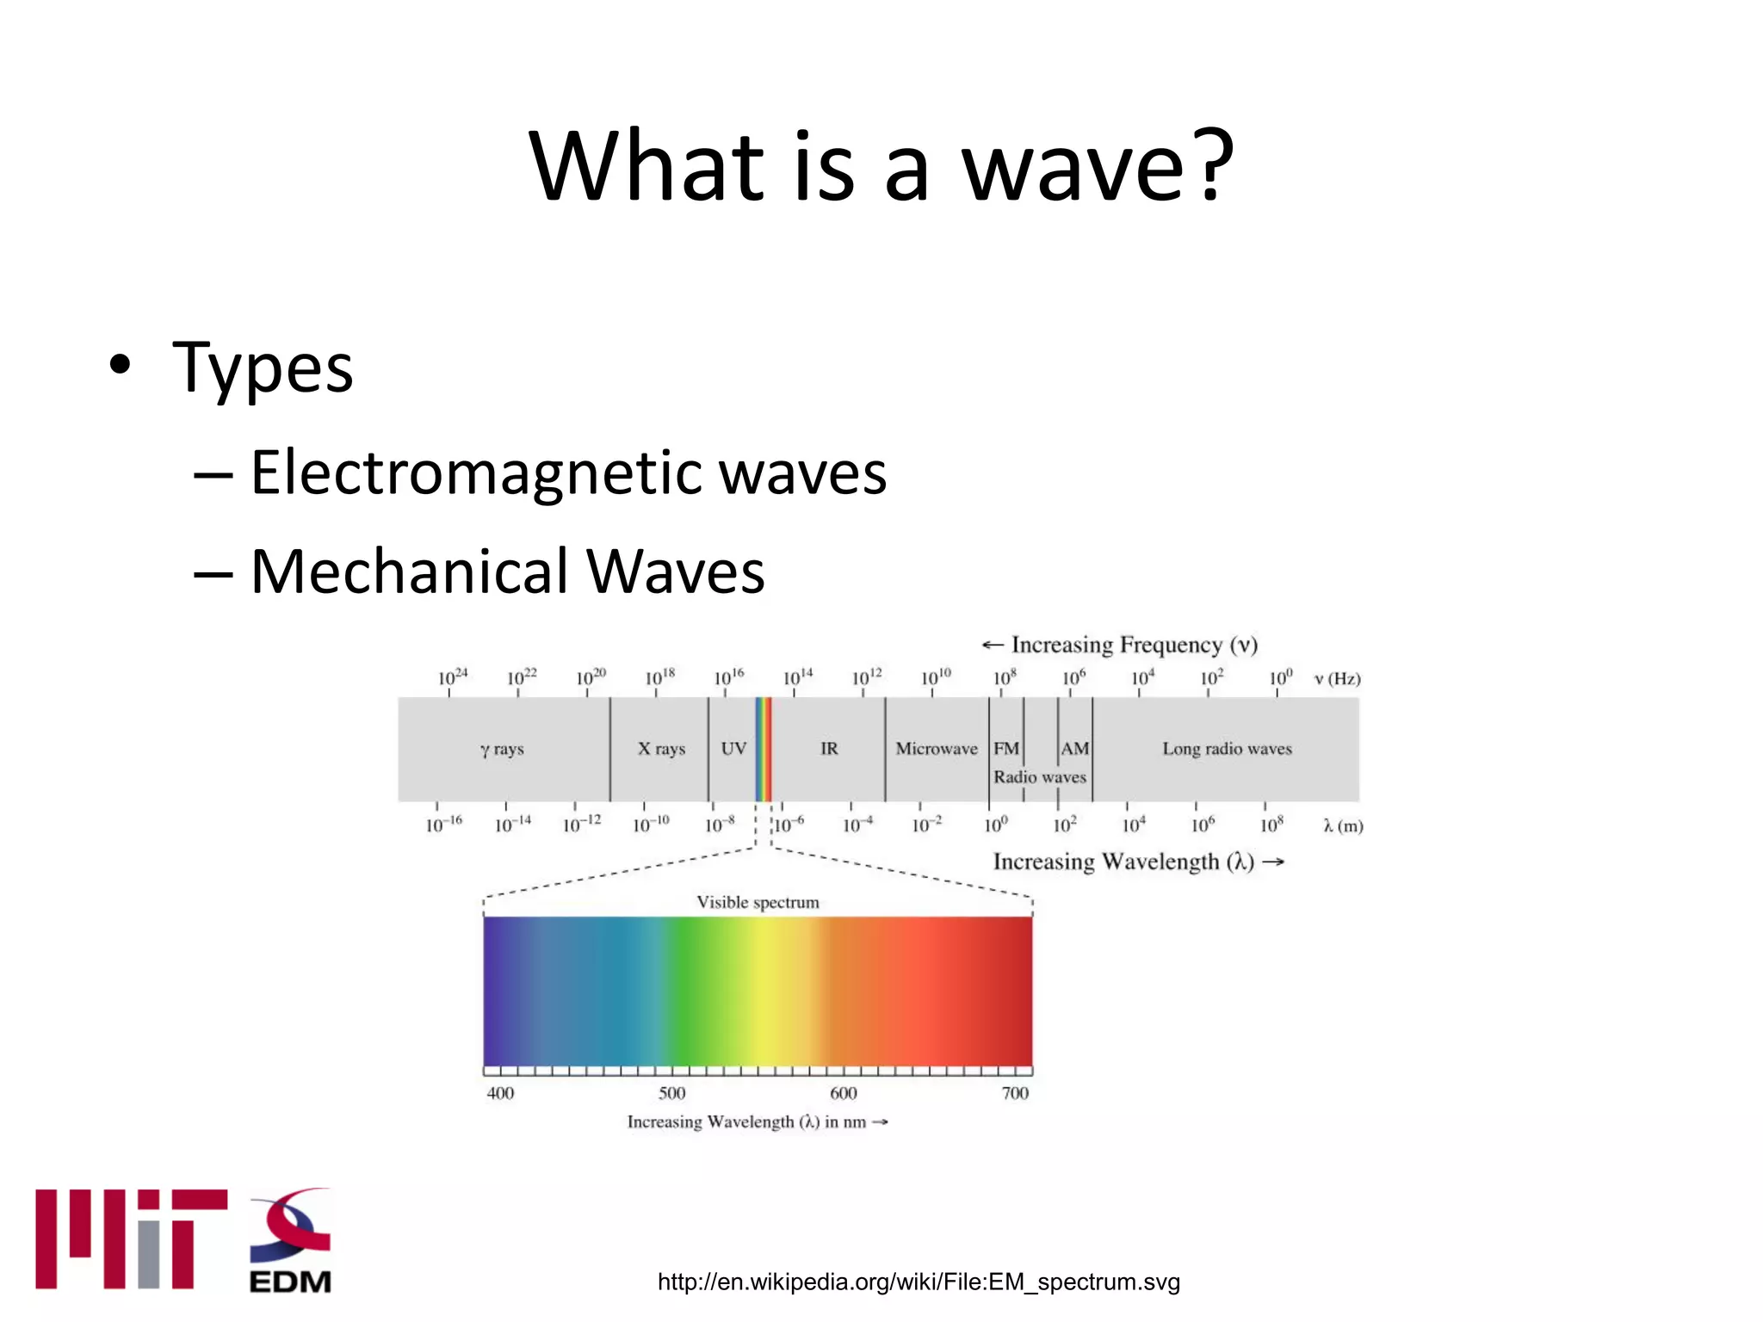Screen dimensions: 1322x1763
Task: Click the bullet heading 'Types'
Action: (263, 368)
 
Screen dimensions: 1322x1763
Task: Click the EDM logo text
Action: (290, 1282)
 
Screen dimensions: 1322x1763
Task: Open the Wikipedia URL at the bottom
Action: (918, 1282)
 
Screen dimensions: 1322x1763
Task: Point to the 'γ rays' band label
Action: (502, 749)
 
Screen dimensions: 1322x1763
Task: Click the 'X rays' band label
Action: (661, 749)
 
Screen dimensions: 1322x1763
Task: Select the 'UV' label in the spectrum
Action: (733, 749)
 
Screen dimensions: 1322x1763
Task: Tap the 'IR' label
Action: (829, 749)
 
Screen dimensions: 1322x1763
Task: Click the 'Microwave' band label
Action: (937, 749)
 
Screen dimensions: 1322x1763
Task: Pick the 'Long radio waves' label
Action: (1227, 749)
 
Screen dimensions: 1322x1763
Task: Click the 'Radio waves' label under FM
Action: (1040, 777)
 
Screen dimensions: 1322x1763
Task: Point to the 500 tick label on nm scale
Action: (671, 1093)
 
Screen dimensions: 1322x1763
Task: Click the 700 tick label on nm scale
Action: (1015, 1093)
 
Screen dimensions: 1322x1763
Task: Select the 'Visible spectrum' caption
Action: (758, 902)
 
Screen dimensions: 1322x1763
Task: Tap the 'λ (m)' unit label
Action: (1343, 826)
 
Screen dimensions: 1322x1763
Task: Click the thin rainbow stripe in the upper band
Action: (764, 749)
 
